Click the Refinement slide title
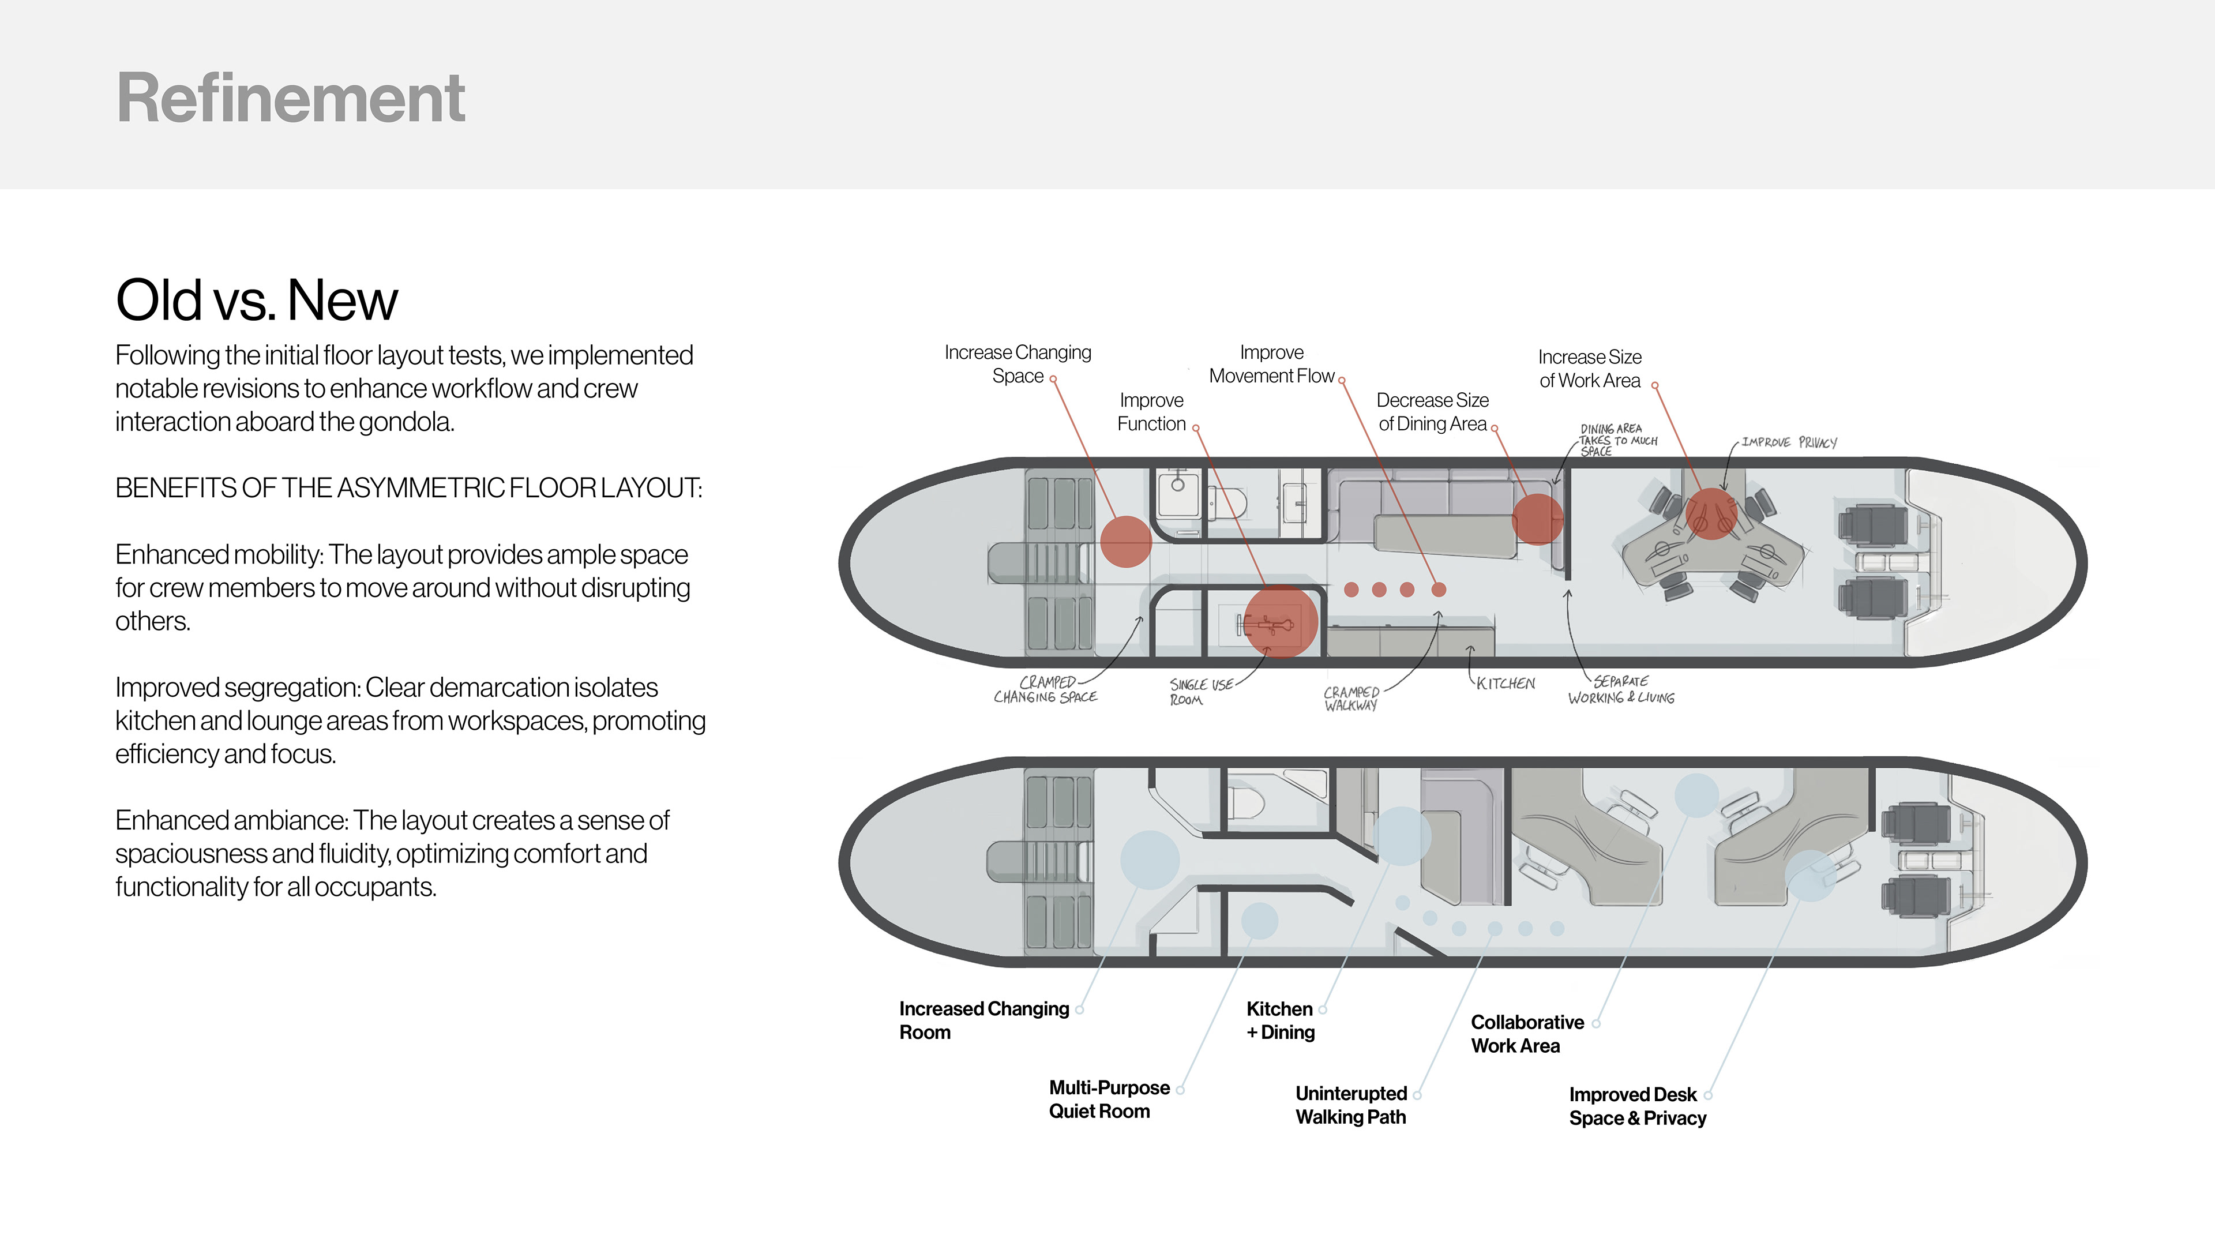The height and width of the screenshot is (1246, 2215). click(x=291, y=98)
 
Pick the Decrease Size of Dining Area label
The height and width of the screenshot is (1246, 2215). click(x=1432, y=412)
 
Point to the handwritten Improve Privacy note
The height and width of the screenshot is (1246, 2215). click(x=1789, y=442)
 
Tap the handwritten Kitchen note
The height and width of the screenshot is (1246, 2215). click(x=1506, y=684)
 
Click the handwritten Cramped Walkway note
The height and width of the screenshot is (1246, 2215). click(x=1351, y=698)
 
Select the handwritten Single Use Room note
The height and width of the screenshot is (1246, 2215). click(x=1200, y=692)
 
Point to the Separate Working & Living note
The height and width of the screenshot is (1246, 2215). click(x=1621, y=690)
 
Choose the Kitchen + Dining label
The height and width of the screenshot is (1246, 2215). click(x=1281, y=1020)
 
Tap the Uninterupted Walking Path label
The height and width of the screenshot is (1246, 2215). click(x=1351, y=1105)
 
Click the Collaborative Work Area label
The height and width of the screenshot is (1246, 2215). click(x=1527, y=1034)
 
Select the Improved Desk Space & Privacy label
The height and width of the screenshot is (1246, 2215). click(x=1637, y=1106)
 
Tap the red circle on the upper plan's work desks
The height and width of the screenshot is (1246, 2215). click(x=1711, y=513)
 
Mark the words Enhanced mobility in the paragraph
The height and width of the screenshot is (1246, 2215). click(x=217, y=554)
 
